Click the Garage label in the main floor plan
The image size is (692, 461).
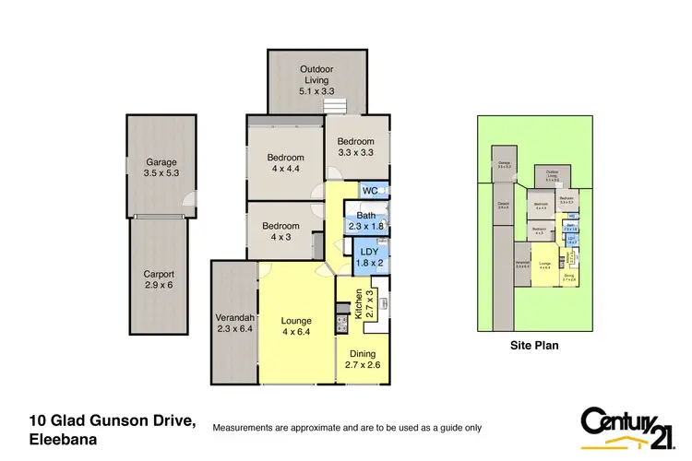[161, 167]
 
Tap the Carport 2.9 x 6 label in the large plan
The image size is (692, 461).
[158, 279]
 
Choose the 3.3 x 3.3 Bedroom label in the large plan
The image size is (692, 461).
[356, 146]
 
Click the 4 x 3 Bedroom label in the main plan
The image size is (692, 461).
[280, 231]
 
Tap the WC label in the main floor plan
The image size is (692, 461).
[370, 191]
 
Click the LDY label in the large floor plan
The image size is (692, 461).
[369, 257]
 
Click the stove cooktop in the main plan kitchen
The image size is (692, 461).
[339, 324]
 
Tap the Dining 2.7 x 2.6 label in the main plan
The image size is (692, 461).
[362, 358]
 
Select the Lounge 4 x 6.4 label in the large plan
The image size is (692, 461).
[296, 327]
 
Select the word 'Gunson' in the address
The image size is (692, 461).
[116, 421]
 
